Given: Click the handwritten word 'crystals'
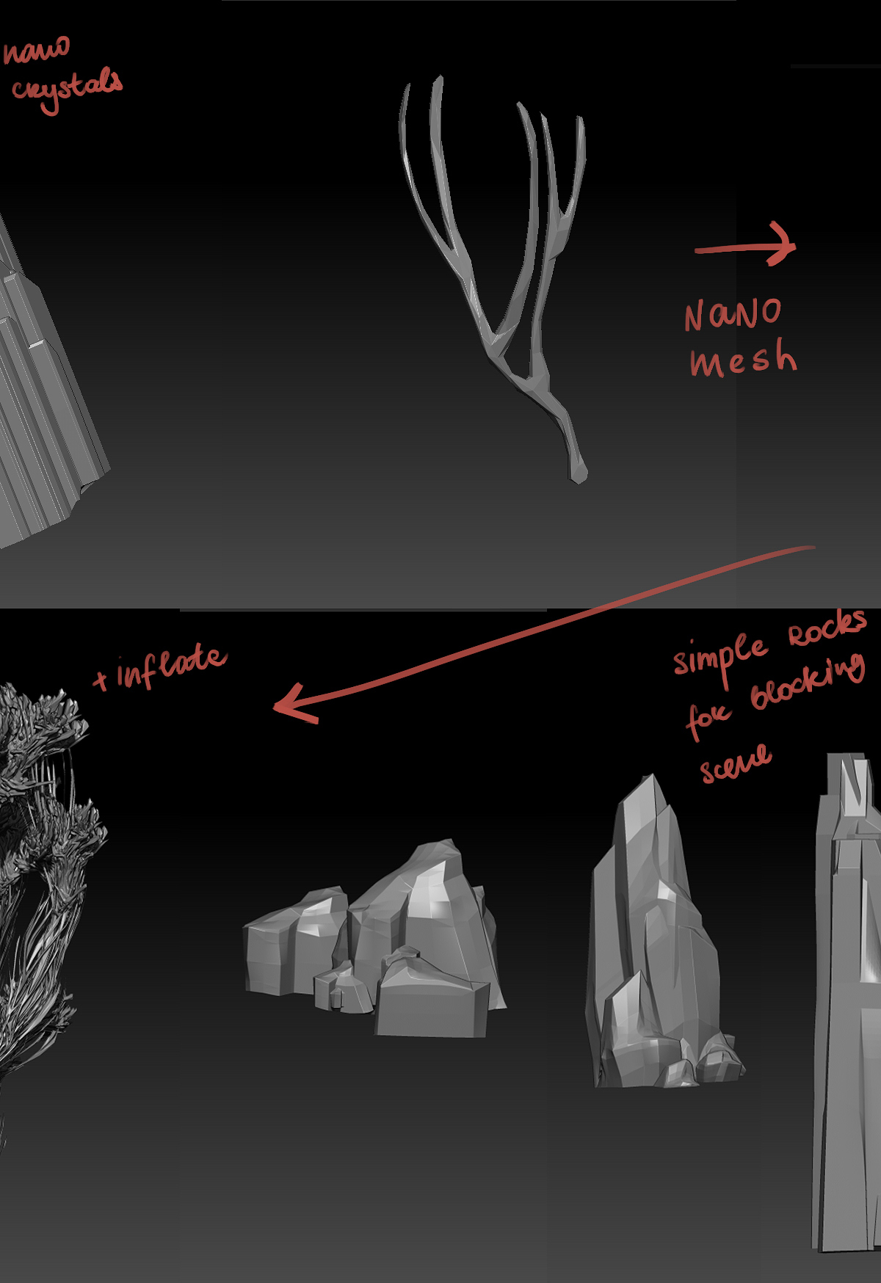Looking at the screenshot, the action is (x=67, y=90).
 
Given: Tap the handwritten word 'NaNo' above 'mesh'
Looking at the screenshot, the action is (x=733, y=314).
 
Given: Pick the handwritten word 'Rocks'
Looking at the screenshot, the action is (x=827, y=628).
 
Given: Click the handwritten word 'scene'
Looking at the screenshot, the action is (x=735, y=763).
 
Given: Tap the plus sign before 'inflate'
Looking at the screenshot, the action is (x=101, y=680).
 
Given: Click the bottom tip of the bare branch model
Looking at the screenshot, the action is (x=579, y=481).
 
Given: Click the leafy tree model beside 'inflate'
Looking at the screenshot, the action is (x=40, y=881).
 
